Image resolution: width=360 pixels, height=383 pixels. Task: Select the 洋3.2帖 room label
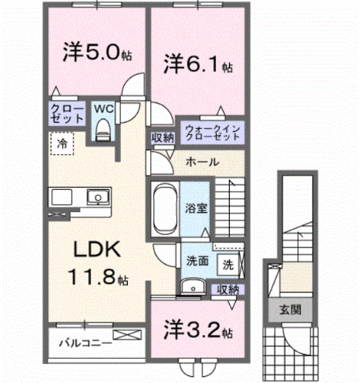[198, 331]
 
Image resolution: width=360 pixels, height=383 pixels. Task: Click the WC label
[103, 108]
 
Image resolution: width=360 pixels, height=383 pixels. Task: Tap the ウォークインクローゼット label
[211, 131]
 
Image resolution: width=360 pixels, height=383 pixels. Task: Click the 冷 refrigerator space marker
[61, 143]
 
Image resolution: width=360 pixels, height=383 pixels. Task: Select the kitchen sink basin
[96, 198]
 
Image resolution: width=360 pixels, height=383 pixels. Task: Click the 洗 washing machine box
[228, 265]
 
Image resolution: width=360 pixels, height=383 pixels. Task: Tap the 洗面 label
[197, 260]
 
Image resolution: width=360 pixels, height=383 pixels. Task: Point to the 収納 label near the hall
[162, 138]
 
